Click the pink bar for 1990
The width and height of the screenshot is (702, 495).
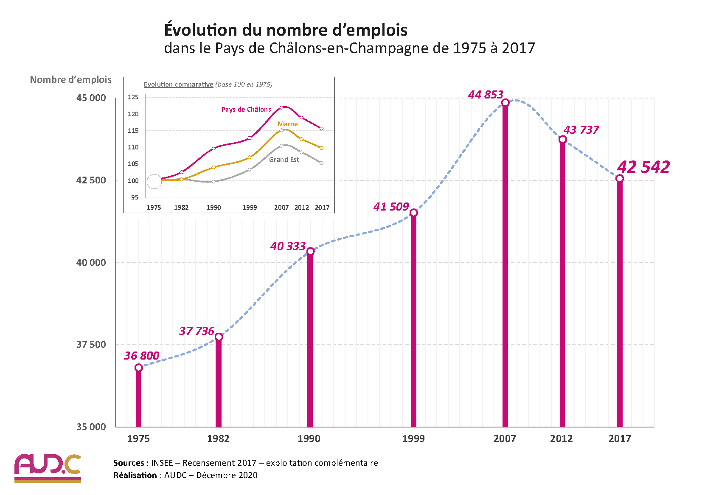[310, 340]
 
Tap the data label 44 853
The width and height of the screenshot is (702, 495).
[486, 95]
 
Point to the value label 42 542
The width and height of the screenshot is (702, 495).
[643, 167]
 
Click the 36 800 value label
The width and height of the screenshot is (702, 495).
[141, 356]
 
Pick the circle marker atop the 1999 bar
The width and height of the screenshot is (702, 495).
[413, 213]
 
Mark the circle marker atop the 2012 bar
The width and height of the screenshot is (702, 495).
[562, 139]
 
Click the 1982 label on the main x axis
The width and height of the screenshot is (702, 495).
[218, 439]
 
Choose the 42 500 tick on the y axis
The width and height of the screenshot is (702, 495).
[91, 180]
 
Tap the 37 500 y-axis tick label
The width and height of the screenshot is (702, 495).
[91, 344]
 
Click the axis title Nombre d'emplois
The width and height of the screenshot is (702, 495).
[70, 79]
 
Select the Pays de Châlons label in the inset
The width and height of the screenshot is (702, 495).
[246, 110]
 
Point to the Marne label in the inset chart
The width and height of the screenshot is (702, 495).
[287, 124]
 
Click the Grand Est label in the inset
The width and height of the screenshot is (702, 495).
[284, 160]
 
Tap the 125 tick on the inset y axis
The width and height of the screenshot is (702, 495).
[133, 97]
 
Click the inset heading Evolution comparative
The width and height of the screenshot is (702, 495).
[178, 84]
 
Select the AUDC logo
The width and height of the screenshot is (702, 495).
[48, 468]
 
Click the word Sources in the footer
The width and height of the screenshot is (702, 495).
[129, 463]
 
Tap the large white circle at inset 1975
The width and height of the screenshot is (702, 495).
[154, 182]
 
